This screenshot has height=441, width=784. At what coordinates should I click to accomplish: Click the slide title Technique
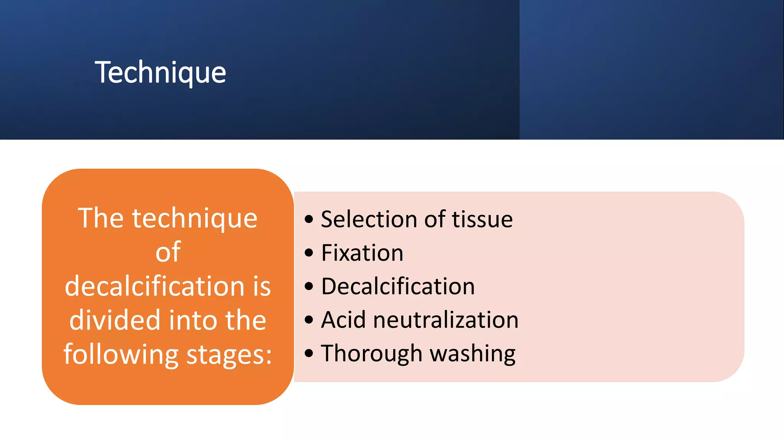tap(160, 72)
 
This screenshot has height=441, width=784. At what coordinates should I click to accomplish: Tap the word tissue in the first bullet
tap(482, 219)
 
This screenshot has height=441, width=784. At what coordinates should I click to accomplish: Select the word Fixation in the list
tap(362, 253)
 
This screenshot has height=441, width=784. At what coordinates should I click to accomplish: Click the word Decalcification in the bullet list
tap(398, 286)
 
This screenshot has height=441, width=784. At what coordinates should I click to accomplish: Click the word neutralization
tap(446, 320)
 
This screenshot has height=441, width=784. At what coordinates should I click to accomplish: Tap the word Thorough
tap(371, 353)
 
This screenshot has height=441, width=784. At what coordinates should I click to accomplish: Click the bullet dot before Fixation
tap(309, 253)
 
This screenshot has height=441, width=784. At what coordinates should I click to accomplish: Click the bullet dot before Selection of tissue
tap(309, 219)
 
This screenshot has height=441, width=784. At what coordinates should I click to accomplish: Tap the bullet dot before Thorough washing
tap(309, 353)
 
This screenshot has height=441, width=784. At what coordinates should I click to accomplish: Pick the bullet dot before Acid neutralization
tap(309, 320)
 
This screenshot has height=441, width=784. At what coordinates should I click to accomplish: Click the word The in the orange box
tap(101, 218)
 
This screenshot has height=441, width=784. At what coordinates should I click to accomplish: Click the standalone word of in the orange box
tap(168, 252)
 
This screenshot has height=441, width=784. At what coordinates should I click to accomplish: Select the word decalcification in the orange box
tap(154, 286)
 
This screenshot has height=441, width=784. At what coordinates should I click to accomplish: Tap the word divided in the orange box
tap(114, 320)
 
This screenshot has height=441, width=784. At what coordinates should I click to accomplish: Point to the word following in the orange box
tap(121, 354)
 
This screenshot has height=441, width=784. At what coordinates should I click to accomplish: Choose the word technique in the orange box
tap(194, 218)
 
